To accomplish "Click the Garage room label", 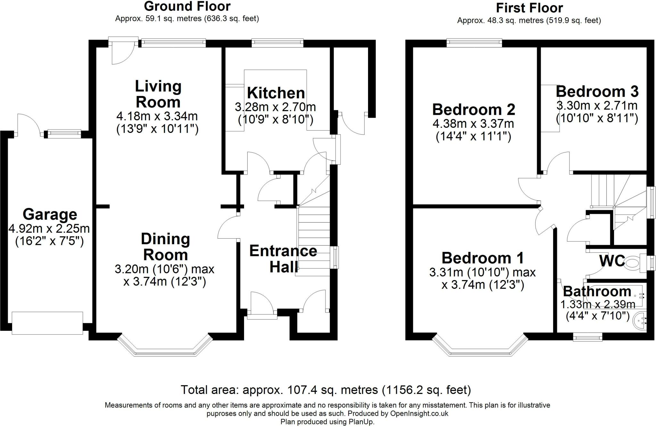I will (x=50, y=214).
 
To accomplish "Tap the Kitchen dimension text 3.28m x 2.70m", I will (x=275, y=107).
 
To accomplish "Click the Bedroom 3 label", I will (x=597, y=91).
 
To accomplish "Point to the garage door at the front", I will (x=47, y=323).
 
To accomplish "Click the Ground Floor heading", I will (x=187, y=6).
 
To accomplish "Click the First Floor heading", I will (x=529, y=8).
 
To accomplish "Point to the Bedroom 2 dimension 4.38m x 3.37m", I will (x=473, y=124).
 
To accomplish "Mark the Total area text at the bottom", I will (x=326, y=390).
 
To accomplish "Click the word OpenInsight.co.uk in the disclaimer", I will (x=419, y=414).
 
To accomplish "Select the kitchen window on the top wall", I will (x=277, y=42).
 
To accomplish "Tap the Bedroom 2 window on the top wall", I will (x=474, y=42).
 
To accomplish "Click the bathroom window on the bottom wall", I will (x=587, y=337).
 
